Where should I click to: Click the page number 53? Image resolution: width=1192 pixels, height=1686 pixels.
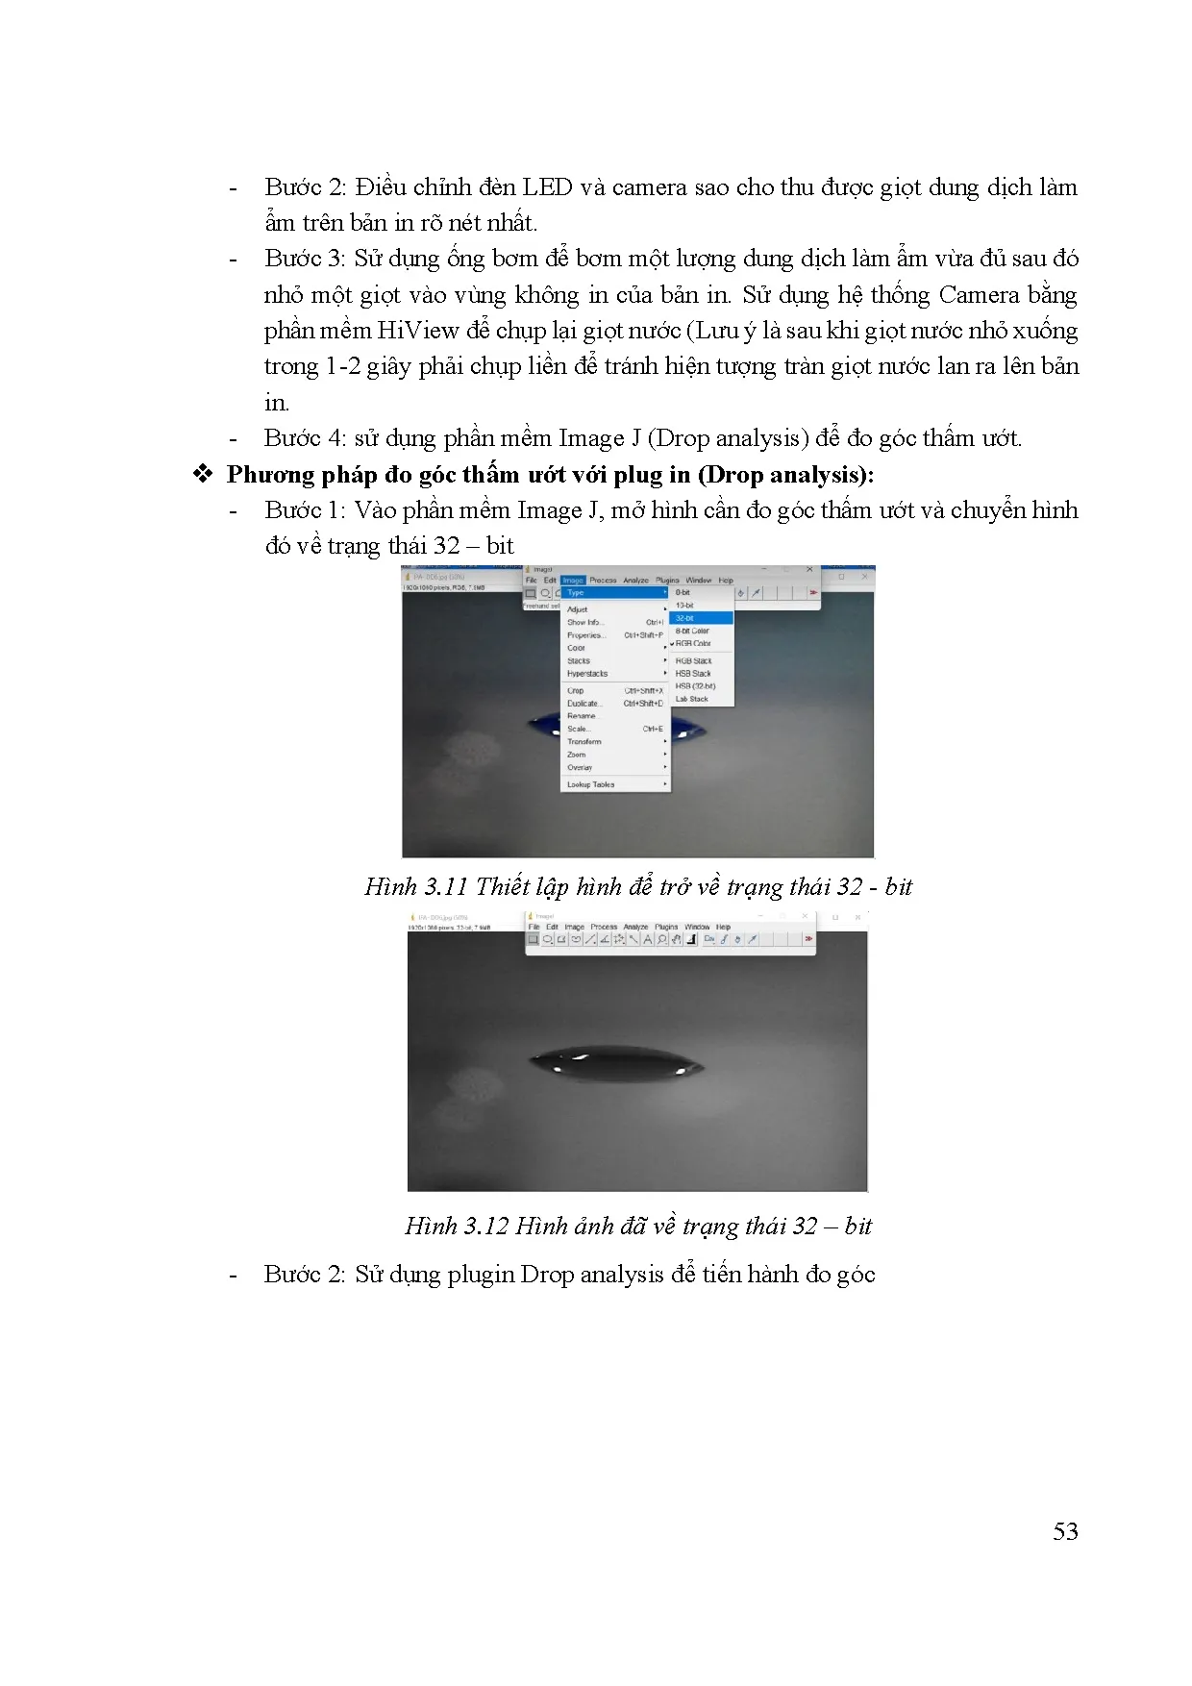click(1065, 1532)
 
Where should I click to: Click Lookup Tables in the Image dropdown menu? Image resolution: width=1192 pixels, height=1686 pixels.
click(590, 784)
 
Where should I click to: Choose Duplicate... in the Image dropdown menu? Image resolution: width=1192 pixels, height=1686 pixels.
click(584, 704)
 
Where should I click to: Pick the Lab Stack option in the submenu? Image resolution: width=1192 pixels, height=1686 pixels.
click(691, 699)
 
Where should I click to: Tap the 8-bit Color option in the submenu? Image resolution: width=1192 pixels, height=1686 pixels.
click(692, 631)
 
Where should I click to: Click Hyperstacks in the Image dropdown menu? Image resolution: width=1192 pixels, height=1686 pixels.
click(587, 674)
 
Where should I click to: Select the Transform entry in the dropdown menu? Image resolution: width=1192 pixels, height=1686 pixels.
click(584, 742)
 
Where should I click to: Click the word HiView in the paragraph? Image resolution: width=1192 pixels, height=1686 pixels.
click(417, 331)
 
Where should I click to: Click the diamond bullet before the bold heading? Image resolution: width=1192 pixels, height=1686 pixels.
click(203, 475)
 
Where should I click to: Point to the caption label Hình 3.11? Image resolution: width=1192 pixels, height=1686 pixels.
click(415, 886)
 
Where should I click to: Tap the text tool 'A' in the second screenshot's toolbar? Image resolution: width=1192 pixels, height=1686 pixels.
click(648, 940)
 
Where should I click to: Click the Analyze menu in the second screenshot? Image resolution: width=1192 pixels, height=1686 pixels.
click(635, 928)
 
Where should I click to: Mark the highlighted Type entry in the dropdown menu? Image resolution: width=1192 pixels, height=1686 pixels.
click(576, 593)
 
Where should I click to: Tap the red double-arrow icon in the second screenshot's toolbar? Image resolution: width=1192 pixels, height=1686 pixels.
click(808, 940)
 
